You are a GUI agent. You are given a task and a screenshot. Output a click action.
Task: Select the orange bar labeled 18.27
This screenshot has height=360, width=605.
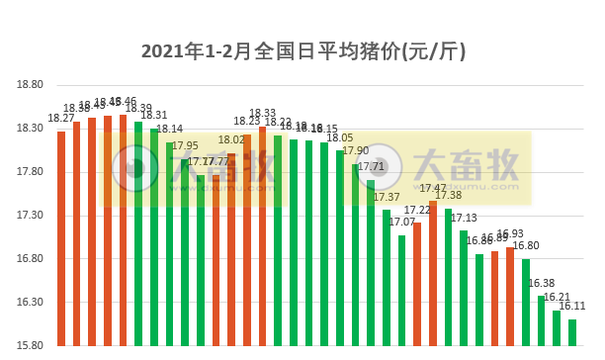click(x=61, y=237)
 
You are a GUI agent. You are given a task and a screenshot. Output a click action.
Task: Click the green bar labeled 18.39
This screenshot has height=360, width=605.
click(x=138, y=233)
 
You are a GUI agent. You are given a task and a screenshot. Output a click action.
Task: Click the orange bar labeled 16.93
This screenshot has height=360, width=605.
click(x=509, y=296)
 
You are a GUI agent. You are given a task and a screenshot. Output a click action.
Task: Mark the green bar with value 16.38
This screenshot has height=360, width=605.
click(x=541, y=320)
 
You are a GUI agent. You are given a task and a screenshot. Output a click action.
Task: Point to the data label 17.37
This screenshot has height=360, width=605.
click(x=387, y=198)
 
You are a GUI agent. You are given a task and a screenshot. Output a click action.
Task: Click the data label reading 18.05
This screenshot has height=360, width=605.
click(x=340, y=138)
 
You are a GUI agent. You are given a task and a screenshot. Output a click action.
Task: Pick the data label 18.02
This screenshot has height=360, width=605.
click(x=231, y=140)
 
